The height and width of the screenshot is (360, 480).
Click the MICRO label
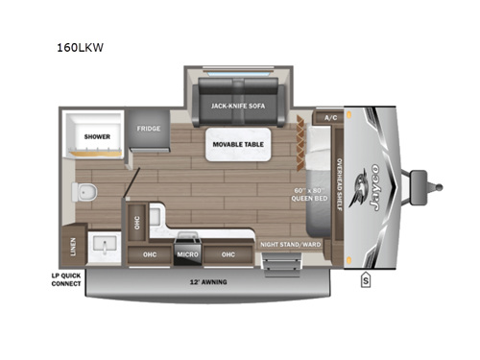click(x=187, y=255)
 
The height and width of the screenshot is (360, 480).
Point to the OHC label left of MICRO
click(x=150, y=254)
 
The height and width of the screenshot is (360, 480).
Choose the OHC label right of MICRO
click(x=228, y=254)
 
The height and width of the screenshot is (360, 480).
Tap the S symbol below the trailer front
click(x=366, y=280)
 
